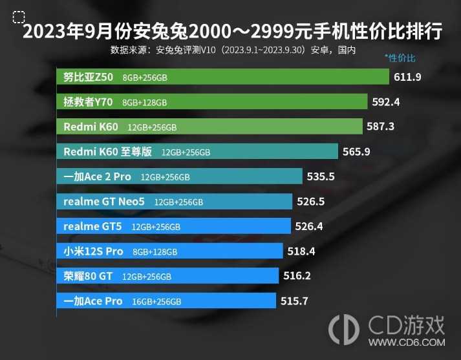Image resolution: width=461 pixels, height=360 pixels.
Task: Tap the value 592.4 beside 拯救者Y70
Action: tap(386, 101)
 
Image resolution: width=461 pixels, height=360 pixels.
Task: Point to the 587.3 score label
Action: tap(380, 127)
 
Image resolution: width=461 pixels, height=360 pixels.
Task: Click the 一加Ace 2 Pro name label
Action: tap(97, 176)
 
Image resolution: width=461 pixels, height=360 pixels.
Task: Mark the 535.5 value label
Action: tap(321, 176)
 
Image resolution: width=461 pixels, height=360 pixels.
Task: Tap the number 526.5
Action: tap(310, 202)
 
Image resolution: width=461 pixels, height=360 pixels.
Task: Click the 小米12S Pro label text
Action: tap(93, 251)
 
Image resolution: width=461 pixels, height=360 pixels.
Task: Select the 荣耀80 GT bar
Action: tap(168, 276)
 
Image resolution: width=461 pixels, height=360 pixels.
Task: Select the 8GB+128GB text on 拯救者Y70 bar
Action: tap(144, 102)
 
